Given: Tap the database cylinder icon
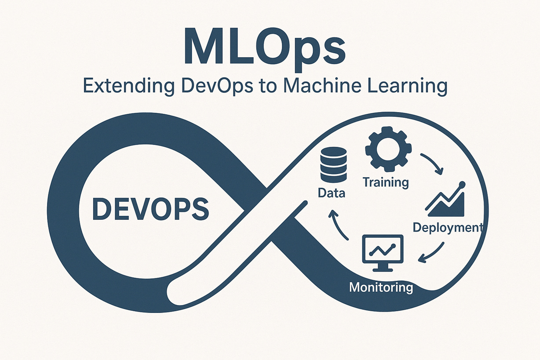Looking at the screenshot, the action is [333, 165].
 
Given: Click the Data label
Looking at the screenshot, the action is [332, 193].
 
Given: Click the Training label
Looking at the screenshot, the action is [386, 181].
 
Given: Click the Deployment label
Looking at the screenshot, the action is [447, 227].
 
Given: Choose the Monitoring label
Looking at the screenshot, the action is [381, 287].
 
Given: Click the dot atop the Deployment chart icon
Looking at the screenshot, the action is [461, 184].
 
